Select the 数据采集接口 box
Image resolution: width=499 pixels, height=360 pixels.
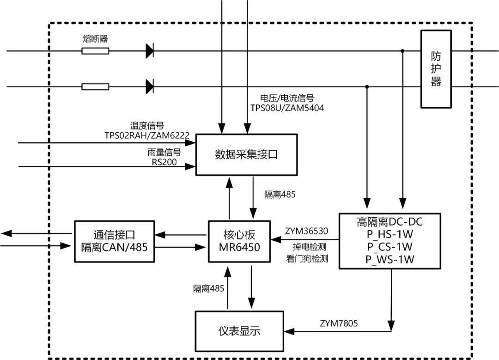click(246, 155)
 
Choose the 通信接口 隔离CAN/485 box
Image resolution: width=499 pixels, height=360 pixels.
click(114, 241)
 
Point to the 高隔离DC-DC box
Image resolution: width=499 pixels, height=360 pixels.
click(389, 241)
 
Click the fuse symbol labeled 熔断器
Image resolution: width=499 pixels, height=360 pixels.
click(95, 51)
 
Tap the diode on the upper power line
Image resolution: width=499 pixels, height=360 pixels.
click(150, 51)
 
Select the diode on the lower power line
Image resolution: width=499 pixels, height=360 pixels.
click(150, 86)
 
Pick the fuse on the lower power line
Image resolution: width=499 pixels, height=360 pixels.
click(95, 86)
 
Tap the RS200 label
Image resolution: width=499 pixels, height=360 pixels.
click(164, 162)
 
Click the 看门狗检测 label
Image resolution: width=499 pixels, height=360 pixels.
click(307, 259)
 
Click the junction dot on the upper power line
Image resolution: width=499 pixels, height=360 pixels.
click(403, 51)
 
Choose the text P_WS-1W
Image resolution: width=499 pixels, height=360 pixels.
click(389, 259)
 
